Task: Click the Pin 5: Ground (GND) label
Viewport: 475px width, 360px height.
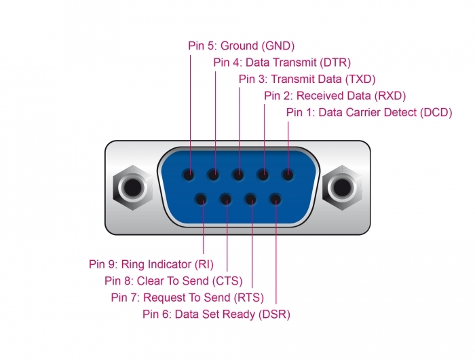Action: (x=241, y=46)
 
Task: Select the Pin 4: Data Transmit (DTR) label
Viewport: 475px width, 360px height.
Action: (x=282, y=62)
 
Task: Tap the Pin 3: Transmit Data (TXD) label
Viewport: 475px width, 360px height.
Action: (x=307, y=79)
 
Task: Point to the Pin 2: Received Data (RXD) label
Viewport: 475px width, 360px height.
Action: (x=335, y=96)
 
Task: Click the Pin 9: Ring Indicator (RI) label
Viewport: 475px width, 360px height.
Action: (x=151, y=264)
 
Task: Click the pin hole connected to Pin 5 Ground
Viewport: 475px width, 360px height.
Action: (x=189, y=175)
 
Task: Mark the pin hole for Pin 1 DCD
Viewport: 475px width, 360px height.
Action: (x=288, y=175)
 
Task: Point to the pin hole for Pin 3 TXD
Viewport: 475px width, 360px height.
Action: (x=238, y=175)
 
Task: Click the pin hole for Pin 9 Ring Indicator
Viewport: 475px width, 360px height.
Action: (x=201, y=200)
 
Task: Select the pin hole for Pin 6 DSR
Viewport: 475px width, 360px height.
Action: (x=275, y=200)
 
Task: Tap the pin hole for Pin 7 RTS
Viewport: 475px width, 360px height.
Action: (x=250, y=200)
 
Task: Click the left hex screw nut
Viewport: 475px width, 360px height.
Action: (x=133, y=187)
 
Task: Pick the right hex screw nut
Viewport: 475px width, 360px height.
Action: (x=342, y=187)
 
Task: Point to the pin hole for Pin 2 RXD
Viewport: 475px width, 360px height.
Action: (x=263, y=175)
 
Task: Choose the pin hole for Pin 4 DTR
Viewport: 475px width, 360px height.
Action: (x=214, y=175)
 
